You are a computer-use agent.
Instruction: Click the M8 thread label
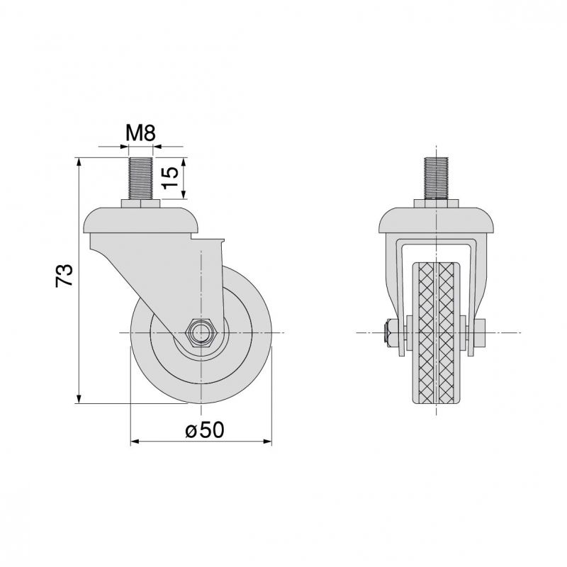pyautogui.click(x=140, y=133)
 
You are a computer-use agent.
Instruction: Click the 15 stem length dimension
pyautogui.click(x=170, y=178)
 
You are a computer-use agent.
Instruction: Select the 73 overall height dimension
pyautogui.click(x=64, y=276)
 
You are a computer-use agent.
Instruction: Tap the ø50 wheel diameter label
pyautogui.click(x=205, y=430)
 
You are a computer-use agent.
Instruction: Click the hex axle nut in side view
pyautogui.click(x=201, y=332)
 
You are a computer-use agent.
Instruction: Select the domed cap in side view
pyautogui.click(x=140, y=220)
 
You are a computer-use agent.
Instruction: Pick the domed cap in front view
pyautogui.click(x=437, y=220)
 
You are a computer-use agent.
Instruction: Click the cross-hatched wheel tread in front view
pyautogui.click(x=436, y=333)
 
